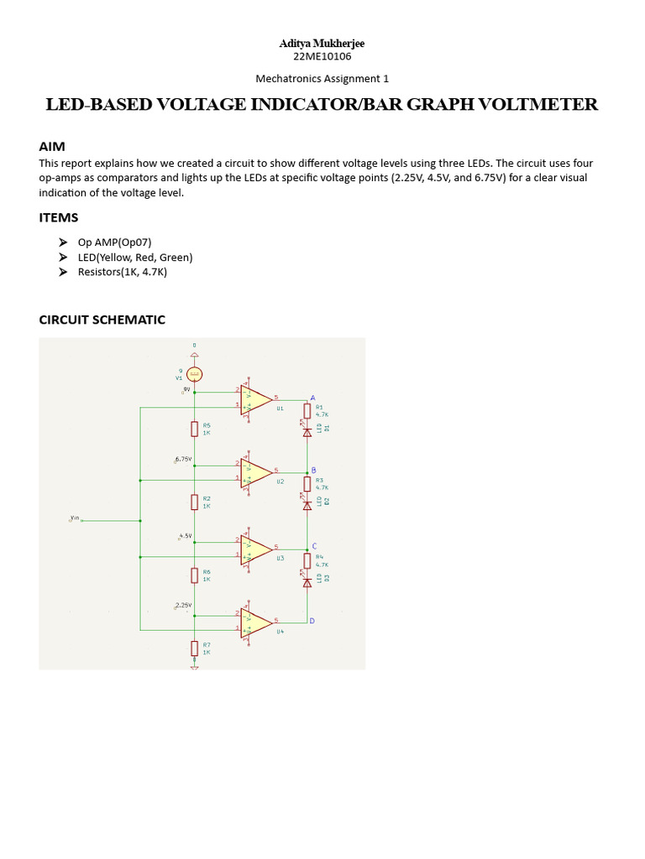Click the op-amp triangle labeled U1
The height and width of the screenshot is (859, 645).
coord(256,399)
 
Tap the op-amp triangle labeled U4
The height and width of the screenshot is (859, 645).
coord(256,622)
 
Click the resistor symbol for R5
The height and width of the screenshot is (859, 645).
coord(194,429)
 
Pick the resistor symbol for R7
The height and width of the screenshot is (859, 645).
coord(194,648)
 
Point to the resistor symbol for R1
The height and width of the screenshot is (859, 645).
coord(307,410)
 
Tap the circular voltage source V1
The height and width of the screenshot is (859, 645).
coord(194,374)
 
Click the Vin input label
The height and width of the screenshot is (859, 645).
coord(74,519)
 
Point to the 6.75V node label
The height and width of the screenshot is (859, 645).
coord(183,460)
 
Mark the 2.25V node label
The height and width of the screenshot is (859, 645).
coord(183,605)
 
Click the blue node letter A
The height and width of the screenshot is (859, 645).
coord(313,397)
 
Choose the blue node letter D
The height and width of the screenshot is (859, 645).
coord(312,621)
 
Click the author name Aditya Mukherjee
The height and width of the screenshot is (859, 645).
coord(322,43)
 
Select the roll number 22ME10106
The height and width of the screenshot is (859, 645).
coord(322,56)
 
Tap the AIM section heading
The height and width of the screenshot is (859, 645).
coord(52,146)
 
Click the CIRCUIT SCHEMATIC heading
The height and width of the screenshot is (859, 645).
coord(102,320)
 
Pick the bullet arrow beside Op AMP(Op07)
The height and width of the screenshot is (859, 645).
coord(64,242)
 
